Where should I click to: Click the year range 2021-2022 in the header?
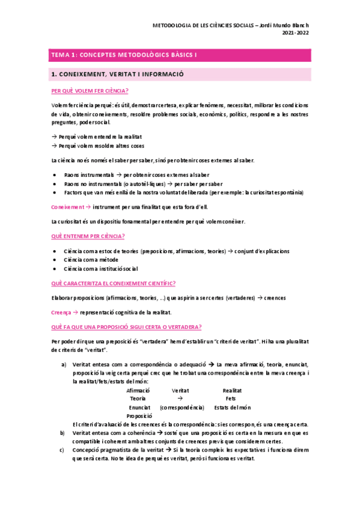pos(295,34)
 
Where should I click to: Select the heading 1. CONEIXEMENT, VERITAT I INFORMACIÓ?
pos(117,74)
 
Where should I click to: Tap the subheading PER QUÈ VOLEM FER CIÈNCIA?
pos(90,91)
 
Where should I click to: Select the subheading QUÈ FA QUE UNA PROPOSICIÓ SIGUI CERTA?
pos(127,327)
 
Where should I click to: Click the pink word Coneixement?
pos(68,206)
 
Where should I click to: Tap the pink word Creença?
pos(61,312)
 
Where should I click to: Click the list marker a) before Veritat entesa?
pos(64,364)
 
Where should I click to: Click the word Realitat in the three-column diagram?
pos(232,390)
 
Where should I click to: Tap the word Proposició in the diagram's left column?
pos(139,416)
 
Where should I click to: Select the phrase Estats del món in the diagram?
pos(231,407)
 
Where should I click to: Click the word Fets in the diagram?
pos(231,399)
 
